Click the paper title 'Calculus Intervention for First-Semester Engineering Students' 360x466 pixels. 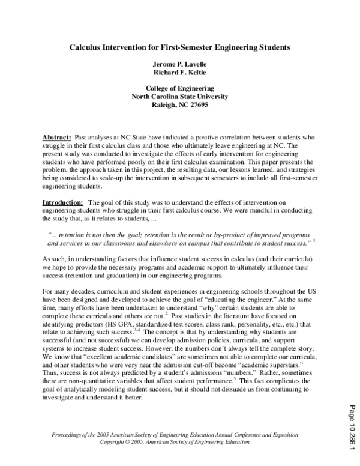tap(180, 46)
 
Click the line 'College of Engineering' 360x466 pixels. tap(180, 88)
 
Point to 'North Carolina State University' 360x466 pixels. tap(180, 96)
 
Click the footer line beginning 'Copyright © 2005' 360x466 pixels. tap(180, 441)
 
